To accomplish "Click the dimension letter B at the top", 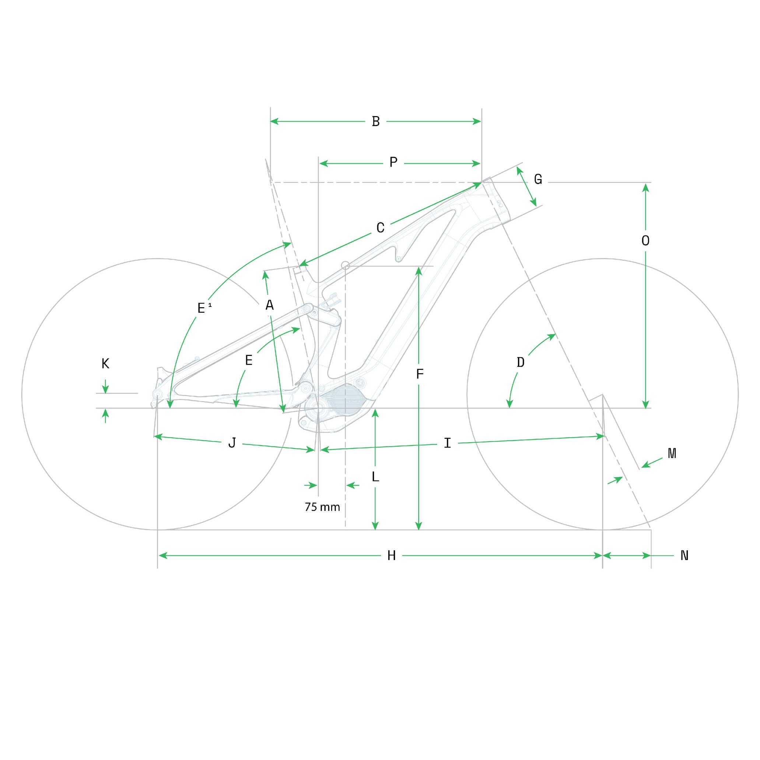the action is coord(376,121).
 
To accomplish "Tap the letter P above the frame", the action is coord(393,162).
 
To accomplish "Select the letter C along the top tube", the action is coord(381,228).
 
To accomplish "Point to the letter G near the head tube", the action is coord(538,179).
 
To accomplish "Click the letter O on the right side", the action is coord(645,241).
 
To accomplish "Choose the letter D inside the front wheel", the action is coord(521,362).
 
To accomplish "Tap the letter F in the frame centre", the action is coord(420,374).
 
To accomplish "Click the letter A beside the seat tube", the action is coord(269,305).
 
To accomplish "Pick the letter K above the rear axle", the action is coord(105,364).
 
